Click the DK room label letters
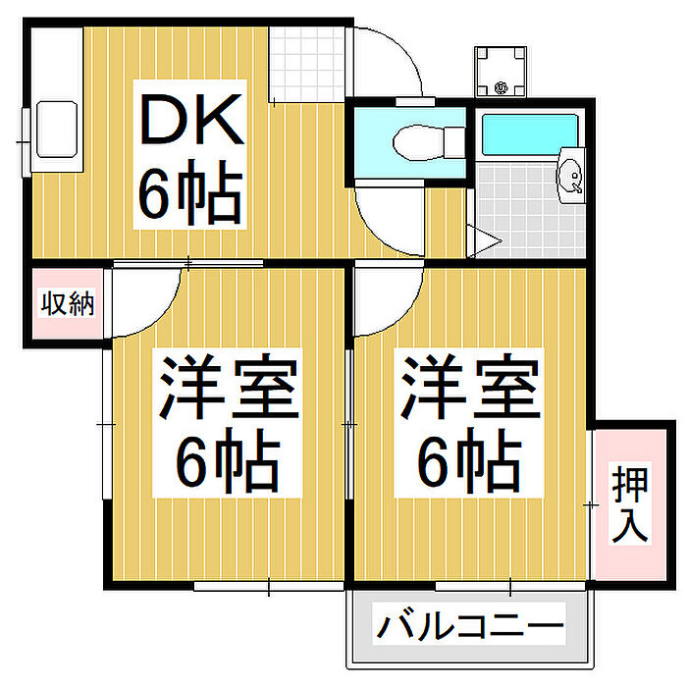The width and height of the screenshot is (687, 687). coord(189,123)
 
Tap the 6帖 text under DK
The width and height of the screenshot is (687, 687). coord(189,192)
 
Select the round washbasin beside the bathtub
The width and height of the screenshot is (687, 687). coord(570,177)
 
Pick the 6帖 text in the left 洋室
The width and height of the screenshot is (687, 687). coord(228,461)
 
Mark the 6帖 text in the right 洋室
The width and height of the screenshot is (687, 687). coord(469,461)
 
